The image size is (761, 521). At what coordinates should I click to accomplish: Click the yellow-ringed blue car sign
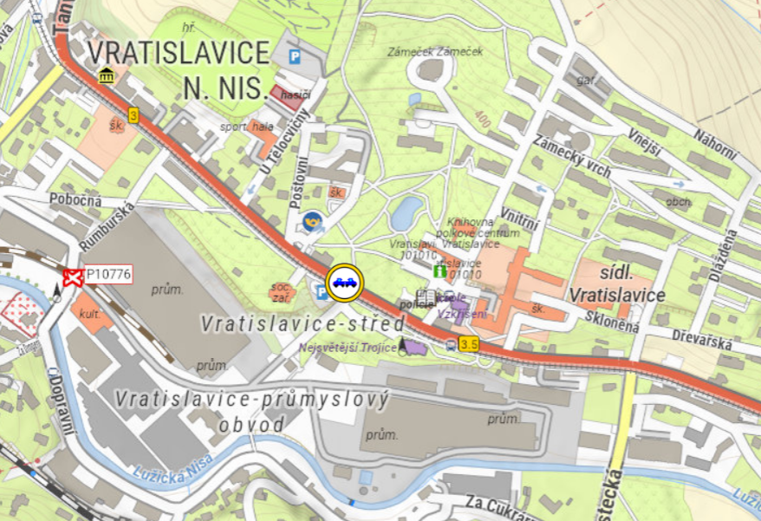[344, 282]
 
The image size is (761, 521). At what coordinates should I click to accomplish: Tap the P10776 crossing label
[108, 275]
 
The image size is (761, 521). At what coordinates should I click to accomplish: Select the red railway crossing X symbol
[72, 277]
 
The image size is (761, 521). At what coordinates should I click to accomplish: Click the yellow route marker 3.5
[469, 345]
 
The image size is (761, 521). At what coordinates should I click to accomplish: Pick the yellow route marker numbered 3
[133, 114]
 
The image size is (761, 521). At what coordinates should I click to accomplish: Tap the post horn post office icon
[312, 221]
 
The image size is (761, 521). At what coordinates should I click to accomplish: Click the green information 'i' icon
[439, 271]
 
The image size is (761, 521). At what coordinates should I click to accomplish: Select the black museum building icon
[106, 76]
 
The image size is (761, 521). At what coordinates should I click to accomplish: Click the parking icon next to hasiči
[296, 56]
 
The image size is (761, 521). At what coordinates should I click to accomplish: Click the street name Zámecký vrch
[572, 157]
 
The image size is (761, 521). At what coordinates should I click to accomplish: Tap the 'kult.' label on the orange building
[89, 314]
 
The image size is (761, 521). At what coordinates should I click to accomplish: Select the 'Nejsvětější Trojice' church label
[347, 348]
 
